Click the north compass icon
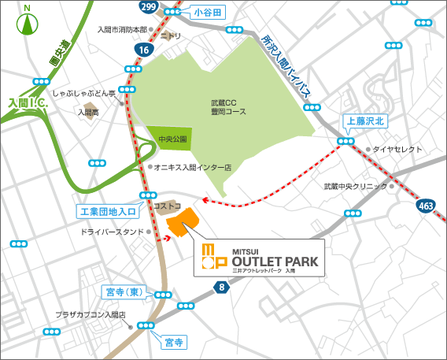(x=28, y=21)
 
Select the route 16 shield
(x=142, y=49)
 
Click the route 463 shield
(x=426, y=206)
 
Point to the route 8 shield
(x=222, y=288)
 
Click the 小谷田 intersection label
(x=209, y=13)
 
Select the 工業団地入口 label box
(x=108, y=211)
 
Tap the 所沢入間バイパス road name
(x=291, y=67)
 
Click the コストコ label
(x=168, y=206)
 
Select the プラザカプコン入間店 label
(x=91, y=314)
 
